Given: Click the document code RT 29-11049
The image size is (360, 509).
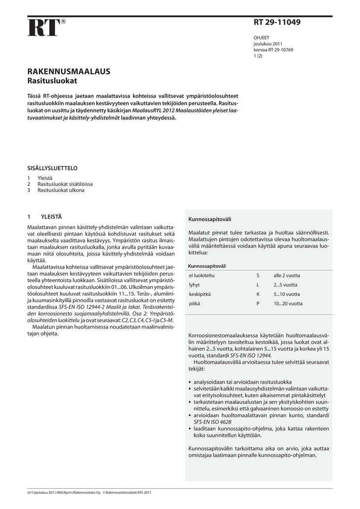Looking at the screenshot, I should click(277, 22).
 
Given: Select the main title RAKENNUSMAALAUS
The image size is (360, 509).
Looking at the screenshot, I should click(68, 72).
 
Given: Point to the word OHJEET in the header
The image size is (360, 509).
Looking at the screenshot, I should click(261, 38).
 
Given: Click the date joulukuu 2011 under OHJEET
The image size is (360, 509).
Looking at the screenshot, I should click(268, 44).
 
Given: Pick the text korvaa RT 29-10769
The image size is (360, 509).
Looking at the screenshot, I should click(273, 50).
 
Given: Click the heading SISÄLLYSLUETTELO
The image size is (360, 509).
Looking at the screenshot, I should click(52, 168).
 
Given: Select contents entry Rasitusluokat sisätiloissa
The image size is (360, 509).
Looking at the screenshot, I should click(65, 184).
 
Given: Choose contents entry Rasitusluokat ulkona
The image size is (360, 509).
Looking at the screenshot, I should click(61, 190).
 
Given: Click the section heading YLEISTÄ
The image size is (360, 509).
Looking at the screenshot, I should click(51, 216).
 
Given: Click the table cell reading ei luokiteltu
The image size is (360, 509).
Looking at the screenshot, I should click(202, 276).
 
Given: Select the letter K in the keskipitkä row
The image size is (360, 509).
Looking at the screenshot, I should click(258, 294).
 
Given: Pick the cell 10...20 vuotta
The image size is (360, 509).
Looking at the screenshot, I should click(288, 303).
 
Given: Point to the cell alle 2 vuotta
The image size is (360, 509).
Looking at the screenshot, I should click(287, 276).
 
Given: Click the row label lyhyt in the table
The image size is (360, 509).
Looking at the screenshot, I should click(194, 285).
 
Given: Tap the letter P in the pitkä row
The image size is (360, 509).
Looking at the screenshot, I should click(258, 303).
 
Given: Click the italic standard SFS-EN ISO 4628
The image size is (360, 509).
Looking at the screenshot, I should click(212, 422).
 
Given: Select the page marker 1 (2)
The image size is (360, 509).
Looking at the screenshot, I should click(258, 56).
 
